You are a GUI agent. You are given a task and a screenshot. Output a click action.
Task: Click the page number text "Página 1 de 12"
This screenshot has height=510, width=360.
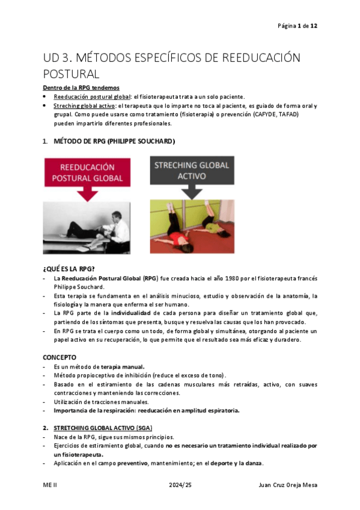pyautogui.click(x=297, y=26)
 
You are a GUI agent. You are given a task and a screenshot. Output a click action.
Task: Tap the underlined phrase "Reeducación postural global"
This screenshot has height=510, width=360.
pyautogui.click(x=91, y=97)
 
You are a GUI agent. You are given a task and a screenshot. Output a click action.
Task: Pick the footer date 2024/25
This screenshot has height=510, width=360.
pyautogui.click(x=180, y=484)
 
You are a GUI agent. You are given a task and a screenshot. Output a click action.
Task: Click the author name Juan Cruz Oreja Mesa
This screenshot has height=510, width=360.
pyautogui.click(x=285, y=484)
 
